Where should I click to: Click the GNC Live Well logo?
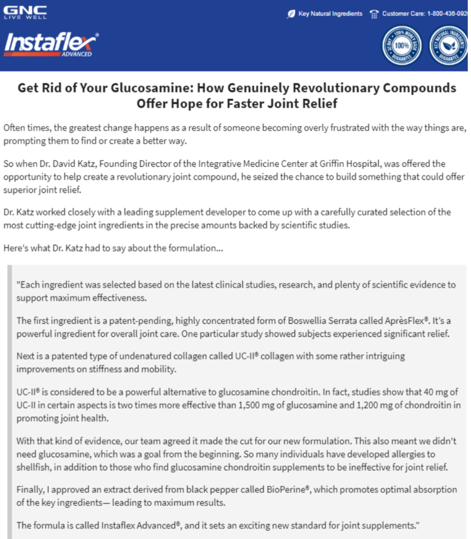pos(25,12)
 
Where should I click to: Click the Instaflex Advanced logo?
pos(51,45)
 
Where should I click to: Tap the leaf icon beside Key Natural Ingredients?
pos(291,14)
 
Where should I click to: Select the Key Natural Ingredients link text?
pos(330,14)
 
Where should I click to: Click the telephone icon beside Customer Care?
pos(374,14)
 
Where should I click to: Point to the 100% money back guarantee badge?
pos(402,46)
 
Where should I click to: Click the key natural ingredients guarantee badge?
pos(448,46)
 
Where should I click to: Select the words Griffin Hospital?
pos(383,164)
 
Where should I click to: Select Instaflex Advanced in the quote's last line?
pos(139,525)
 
